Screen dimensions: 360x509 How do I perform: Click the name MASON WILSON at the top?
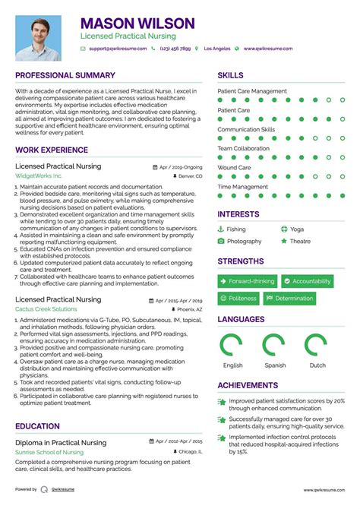pyautogui.click(x=137, y=24)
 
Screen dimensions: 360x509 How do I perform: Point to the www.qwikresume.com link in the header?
pyautogui.click(x=267, y=49)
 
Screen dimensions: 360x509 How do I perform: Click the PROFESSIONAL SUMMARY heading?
pyautogui.click(x=65, y=76)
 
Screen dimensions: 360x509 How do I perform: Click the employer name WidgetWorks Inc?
pyautogui.click(x=39, y=176)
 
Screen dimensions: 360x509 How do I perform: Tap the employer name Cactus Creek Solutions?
pyautogui.click(x=46, y=310)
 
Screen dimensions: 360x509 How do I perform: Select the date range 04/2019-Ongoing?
pyautogui.click(x=181, y=166)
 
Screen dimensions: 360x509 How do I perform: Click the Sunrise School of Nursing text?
pyautogui.click(x=49, y=452)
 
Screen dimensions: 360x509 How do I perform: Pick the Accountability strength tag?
pyautogui.click(x=307, y=281)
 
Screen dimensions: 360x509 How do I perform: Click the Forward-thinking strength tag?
pyautogui.click(x=248, y=281)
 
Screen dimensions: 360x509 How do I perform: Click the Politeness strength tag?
pyautogui.click(x=238, y=299)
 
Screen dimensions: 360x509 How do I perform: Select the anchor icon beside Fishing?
pyautogui.click(x=221, y=229)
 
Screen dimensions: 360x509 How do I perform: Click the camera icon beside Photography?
pyautogui.click(x=221, y=242)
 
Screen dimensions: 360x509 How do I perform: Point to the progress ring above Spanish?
pyautogui.click(x=275, y=346)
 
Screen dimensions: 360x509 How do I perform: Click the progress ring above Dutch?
pyautogui.click(x=317, y=346)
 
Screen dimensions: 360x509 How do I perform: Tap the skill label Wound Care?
pyautogui.click(x=234, y=168)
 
